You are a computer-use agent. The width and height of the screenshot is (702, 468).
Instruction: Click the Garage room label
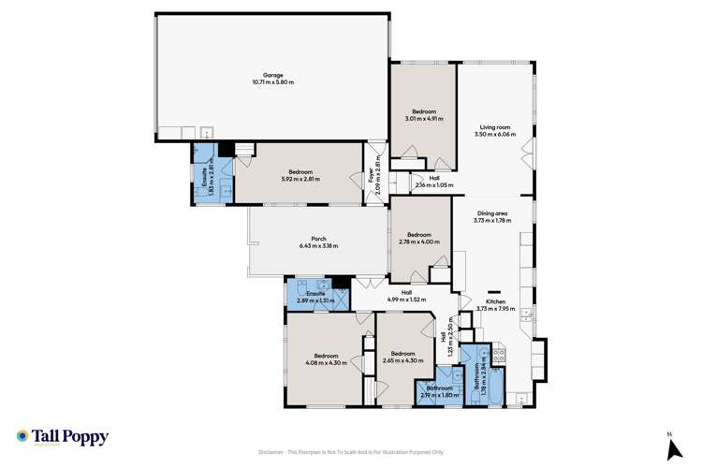273,75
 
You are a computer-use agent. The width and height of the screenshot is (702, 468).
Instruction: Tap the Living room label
494,127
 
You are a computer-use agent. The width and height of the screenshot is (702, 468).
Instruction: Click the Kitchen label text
494,301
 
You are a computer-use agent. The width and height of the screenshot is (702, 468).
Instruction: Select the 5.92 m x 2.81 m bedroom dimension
300,179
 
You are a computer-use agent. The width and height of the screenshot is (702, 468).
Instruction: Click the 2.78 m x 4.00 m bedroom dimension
418,241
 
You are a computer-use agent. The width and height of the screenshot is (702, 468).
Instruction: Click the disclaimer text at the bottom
351,452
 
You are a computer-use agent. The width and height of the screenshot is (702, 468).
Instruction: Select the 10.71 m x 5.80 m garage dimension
273,81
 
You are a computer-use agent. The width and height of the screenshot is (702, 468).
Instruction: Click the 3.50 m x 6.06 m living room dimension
494,134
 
